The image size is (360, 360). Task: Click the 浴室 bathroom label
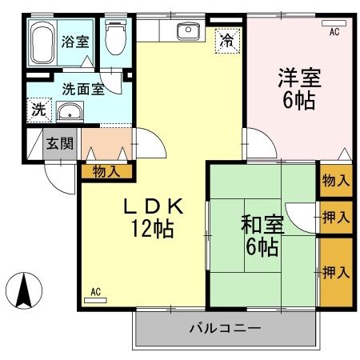[76, 42]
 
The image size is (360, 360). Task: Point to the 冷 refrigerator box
[228, 38]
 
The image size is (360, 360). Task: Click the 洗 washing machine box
[38, 109]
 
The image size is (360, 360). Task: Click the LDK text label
[154, 206]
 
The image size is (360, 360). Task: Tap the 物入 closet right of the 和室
[335, 180]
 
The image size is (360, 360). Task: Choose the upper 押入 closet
[335, 216]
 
